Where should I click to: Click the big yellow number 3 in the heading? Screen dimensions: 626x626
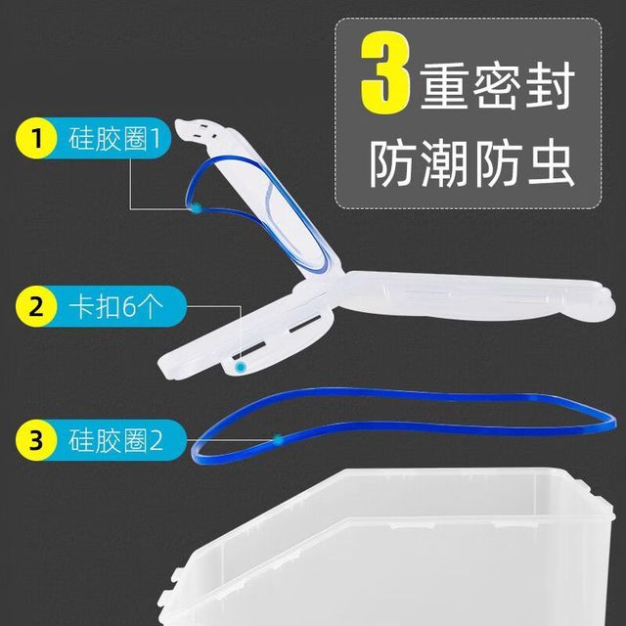coord(385,72)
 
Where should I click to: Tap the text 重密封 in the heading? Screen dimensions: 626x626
coord(498,86)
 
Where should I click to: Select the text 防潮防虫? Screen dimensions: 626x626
coord(472,164)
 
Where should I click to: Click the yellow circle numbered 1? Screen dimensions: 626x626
coord(36,138)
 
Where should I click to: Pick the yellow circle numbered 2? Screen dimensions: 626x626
coord(36,306)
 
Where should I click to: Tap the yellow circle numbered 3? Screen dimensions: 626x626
coord(36,440)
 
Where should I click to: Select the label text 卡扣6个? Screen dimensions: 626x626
coord(115,306)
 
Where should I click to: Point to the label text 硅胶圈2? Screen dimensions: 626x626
coord(115,440)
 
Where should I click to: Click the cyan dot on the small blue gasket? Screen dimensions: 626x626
coord(197,208)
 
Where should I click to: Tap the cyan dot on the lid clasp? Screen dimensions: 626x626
coord(240,367)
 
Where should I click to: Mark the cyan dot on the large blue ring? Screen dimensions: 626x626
coord(278,440)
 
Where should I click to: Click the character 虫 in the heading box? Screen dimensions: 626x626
coord(552,164)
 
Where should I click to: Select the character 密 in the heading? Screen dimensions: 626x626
coord(498,86)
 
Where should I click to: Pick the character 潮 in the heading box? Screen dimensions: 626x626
coord(444,164)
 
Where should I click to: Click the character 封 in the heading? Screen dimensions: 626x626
coord(550,86)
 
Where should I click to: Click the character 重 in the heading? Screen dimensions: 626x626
coord(444,86)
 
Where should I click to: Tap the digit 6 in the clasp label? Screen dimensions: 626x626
coord(128,307)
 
